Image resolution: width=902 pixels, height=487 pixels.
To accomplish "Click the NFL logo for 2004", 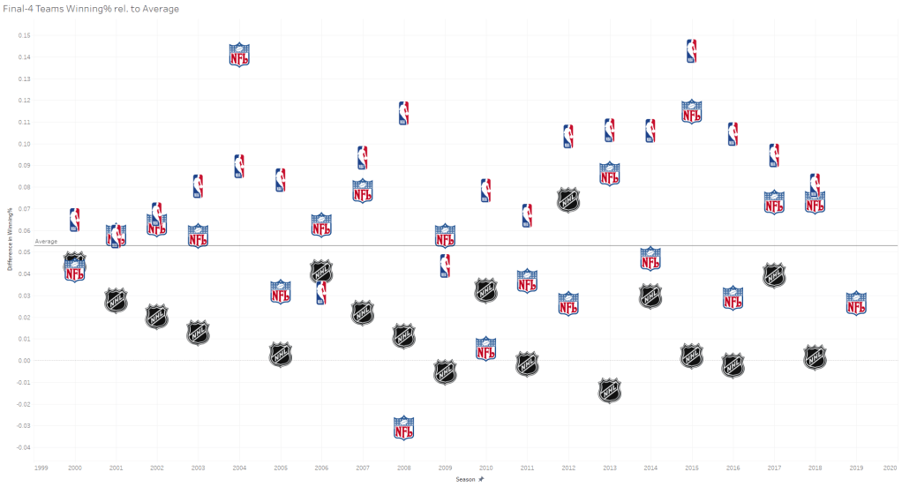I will click(239, 56).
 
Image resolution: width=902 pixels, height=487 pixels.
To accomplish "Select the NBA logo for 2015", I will click(692, 51).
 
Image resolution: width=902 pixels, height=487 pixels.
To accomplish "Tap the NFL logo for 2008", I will click(403, 428).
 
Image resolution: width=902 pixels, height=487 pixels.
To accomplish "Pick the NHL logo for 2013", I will click(610, 390).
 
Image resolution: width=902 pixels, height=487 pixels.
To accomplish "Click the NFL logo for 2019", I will click(856, 303).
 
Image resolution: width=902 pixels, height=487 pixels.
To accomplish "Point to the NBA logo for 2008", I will click(403, 113).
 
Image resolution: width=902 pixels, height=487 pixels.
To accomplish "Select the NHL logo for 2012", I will click(568, 199).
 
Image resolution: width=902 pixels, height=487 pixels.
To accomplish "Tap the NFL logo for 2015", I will click(692, 111).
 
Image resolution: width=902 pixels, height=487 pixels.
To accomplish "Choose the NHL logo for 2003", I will click(198, 333).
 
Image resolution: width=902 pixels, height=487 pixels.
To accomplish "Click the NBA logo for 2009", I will click(445, 266).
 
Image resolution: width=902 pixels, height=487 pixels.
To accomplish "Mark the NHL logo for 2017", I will click(774, 275).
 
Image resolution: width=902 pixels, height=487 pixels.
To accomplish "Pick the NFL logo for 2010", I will click(486, 348).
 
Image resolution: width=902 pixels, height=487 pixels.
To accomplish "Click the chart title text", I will click(91, 9).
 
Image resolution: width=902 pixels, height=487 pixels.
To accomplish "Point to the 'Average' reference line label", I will click(46, 241).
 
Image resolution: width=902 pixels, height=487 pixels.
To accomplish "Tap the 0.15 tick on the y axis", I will click(25, 35).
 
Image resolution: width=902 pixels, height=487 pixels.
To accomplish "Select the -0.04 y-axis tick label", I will click(24, 447).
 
